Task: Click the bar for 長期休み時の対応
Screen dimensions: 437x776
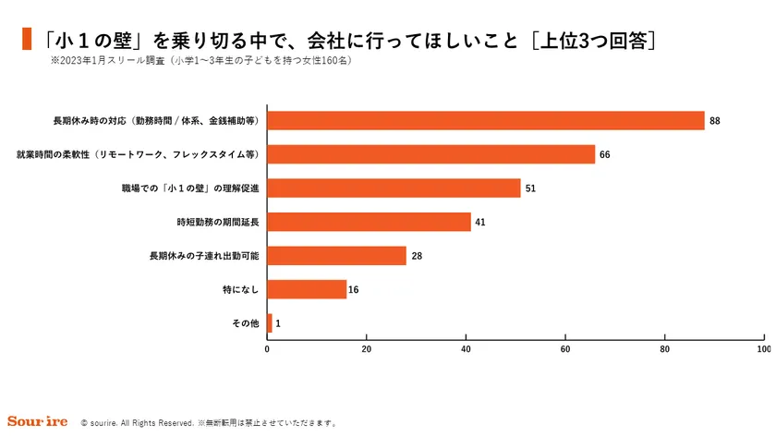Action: point(486,121)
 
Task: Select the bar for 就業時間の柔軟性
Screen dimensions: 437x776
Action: point(431,154)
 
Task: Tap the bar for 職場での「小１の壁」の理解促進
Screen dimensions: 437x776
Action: point(394,188)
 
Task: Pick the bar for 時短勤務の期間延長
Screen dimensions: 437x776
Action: point(369,222)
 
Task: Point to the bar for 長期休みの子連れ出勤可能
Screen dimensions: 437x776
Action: point(336,256)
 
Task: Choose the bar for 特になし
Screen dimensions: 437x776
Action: point(307,289)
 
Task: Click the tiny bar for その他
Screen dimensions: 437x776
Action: point(270,323)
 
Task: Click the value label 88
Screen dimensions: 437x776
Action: point(715,121)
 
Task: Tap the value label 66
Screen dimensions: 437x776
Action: point(605,154)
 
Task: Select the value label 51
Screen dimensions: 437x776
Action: point(530,188)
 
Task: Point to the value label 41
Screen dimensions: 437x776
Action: point(480,222)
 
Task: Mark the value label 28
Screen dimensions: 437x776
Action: point(417,256)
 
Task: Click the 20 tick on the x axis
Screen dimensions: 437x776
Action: point(367,350)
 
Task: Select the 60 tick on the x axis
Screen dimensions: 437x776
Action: point(565,350)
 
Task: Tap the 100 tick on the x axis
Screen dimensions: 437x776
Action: point(763,350)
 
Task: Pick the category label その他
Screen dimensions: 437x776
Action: point(243,323)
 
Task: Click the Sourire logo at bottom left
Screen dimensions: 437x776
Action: point(37,422)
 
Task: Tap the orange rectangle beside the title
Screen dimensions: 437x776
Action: point(27,41)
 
